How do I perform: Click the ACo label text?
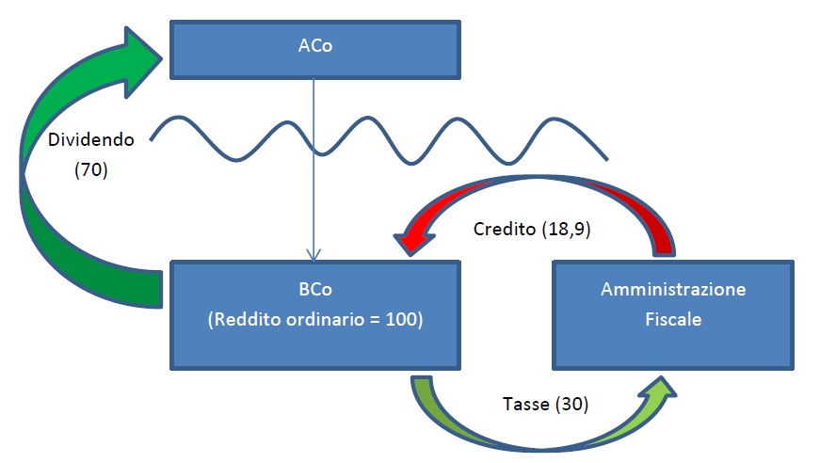click(315, 46)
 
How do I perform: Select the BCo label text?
click(315, 290)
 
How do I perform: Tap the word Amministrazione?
click(673, 290)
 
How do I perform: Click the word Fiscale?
click(673, 319)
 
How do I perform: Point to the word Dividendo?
click(91, 140)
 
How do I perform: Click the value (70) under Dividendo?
click(91, 169)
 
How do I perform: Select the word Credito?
click(505, 230)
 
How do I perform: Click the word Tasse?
click(526, 404)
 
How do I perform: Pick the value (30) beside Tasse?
click(572, 404)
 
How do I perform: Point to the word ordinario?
click(326, 319)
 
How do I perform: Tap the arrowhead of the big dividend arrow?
click(142, 62)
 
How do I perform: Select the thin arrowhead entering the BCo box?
click(314, 254)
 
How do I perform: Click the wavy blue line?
click(379, 140)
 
